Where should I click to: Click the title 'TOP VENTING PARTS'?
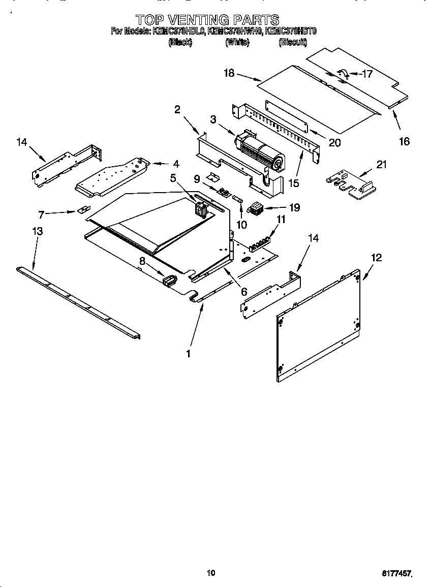[207, 20]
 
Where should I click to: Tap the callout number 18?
[229, 73]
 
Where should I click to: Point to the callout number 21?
[381, 164]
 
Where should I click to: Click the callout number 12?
[376, 258]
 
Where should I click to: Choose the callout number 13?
[37, 231]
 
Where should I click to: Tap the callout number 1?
[189, 353]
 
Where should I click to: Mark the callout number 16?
[404, 141]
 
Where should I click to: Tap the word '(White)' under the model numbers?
[237, 43]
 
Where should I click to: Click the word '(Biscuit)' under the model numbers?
[293, 43]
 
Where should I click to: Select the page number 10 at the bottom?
[211, 573]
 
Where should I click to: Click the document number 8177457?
[396, 573]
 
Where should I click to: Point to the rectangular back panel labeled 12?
[319, 328]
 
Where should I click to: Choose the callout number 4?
[176, 164]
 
